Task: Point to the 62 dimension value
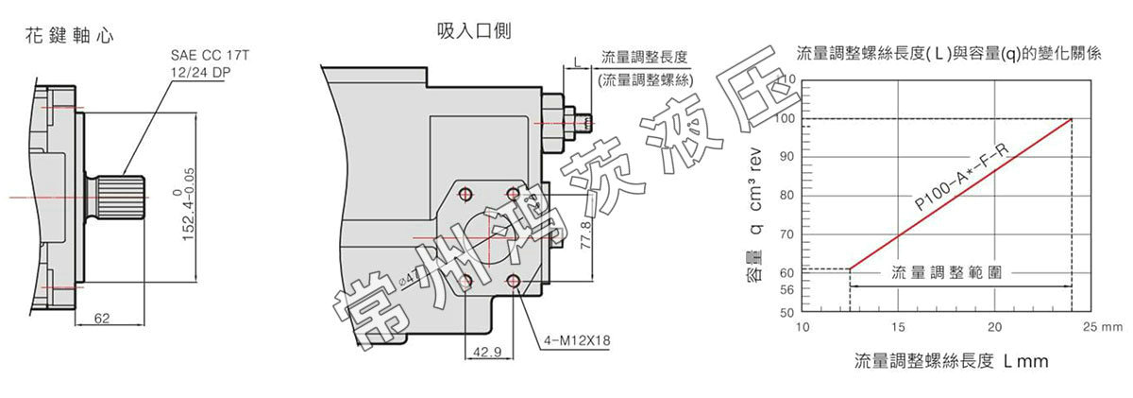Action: tap(102, 319)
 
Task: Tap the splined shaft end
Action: tap(118, 196)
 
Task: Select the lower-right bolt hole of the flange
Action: tap(515, 280)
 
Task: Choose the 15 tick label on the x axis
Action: tap(898, 327)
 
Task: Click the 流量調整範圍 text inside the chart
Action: tap(946, 271)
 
